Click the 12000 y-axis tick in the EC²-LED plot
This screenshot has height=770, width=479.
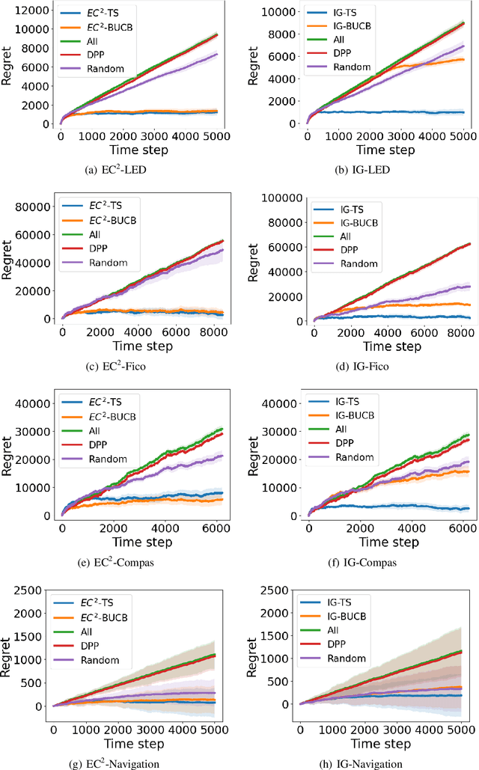[x=32, y=10]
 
